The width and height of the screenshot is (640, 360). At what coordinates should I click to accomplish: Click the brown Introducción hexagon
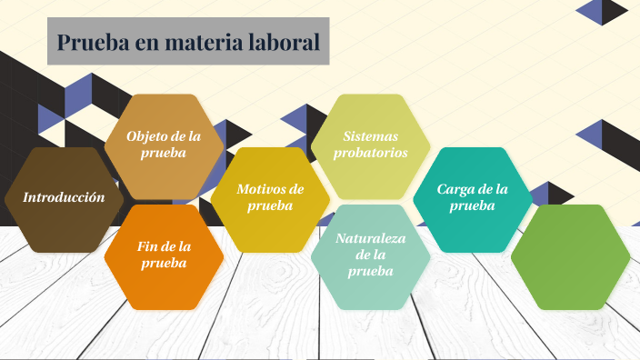64,197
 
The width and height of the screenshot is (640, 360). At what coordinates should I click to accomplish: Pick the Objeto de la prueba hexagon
164,145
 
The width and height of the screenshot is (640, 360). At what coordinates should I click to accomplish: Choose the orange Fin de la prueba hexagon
164,255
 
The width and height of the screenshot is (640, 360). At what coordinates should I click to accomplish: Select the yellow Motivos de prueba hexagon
270,198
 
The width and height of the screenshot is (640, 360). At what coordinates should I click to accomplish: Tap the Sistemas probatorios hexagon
370,145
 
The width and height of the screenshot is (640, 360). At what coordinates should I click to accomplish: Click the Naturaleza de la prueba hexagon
370,255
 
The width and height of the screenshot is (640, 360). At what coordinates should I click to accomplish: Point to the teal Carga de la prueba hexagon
472,198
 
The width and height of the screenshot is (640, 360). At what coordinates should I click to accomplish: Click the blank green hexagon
570,257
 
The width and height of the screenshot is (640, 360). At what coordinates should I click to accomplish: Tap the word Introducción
64,197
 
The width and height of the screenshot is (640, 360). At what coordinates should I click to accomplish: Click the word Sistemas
370,136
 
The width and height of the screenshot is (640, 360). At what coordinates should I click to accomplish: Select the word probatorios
370,153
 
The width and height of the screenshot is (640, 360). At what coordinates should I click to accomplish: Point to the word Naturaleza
370,238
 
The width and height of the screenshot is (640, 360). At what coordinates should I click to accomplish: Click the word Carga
455,189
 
